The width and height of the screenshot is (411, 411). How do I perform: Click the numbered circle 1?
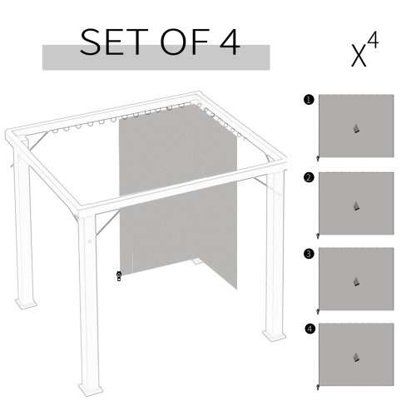pyautogui.click(x=309, y=101)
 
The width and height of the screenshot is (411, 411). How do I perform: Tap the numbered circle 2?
pyautogui.click(x=309, y=177)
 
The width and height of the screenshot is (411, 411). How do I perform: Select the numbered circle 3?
pyautogui.click(x=309, y=254)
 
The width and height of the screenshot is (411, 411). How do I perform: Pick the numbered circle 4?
pyautogui.click(x=309, y=329)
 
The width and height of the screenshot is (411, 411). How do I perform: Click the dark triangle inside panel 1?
pyautogui.click(x=355, y=129)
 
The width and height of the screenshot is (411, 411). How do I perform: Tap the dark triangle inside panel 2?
pyautogui.click(x=355, y=205)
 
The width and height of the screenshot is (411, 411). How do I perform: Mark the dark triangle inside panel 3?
pyautogui.click(x=355, y=281)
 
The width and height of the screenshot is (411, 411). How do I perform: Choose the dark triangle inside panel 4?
pyautogui.click(x=355, y=358)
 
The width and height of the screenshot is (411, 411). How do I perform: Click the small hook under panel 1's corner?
pyautogui.click(x=318, y=158)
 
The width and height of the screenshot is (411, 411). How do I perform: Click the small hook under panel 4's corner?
pyautogui.click(x=318, y=387)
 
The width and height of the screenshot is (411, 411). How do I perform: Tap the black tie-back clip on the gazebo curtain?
pyautogui.click(x=119, y=275)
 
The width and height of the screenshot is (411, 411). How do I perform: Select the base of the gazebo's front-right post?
pyautogui.click(x=273, y=335)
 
